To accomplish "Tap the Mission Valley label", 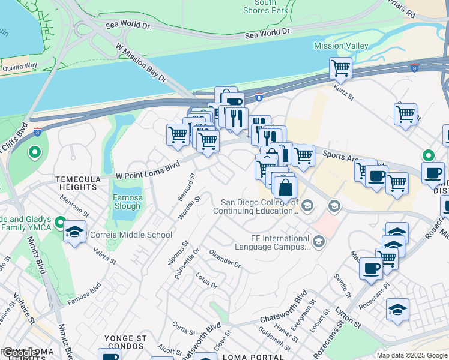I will pyautogui.click(x=338, y=46).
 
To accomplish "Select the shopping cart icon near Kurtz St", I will pyautogui.click(x=340, y=68).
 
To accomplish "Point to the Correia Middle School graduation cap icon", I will pyautogui.click(x=74, y=233).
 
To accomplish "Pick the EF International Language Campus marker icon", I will pyautogui.click(x=318, y=242).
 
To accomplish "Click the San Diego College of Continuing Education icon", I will pyautogui.click(x=307, y=206).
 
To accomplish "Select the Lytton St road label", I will pyautogui.click(x=348, y=319).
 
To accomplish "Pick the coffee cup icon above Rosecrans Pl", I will pyautogui.click(x=371, y=268).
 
